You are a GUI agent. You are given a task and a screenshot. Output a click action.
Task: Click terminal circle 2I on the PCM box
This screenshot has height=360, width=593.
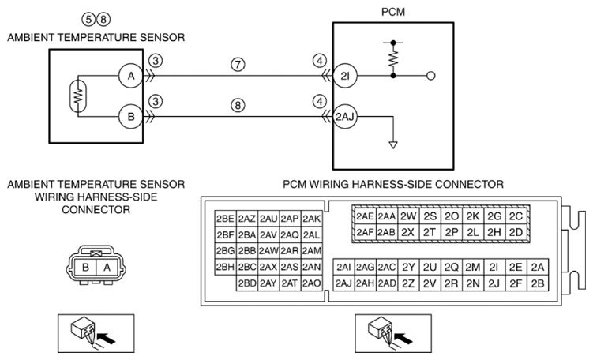[345, 76]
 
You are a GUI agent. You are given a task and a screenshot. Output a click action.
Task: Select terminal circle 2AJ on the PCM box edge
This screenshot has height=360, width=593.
[345, 117]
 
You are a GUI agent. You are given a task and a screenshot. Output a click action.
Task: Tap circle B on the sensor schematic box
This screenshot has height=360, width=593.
[131, 117]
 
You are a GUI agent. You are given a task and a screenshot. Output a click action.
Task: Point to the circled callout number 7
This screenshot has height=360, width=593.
[238, 64]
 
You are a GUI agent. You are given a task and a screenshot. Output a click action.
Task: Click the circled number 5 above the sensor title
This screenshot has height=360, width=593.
[88, 19]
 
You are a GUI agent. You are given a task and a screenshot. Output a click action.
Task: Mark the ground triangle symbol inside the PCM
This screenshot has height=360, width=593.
[393, 144]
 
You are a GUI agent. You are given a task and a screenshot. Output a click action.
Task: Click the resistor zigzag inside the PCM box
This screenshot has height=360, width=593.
[393, 58]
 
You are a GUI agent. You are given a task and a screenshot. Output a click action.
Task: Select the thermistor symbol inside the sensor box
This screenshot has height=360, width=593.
[78, 96]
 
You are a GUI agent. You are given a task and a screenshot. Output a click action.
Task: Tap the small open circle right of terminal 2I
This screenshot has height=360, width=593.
[431, 76]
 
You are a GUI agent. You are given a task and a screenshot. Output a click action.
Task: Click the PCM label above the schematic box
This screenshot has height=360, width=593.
[393, 12]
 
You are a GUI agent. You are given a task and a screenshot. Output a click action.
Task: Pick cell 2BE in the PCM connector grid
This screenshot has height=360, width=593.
[225, 219]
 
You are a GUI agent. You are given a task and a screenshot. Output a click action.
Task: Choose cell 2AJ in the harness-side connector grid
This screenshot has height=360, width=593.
[343, 283]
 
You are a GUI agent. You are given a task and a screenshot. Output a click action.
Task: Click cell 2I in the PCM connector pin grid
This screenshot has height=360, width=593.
[494, 268]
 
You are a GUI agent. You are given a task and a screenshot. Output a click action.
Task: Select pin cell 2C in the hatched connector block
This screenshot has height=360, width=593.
[516, 216]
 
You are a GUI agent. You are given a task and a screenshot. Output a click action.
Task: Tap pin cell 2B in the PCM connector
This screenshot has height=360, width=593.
[538, 283]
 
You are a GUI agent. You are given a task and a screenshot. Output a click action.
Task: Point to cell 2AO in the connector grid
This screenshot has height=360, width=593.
[312, 283]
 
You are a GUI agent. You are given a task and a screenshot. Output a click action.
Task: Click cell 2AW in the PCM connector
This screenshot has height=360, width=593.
[268, 251]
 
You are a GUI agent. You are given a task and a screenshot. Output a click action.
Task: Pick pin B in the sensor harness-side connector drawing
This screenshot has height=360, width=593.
[85, 268]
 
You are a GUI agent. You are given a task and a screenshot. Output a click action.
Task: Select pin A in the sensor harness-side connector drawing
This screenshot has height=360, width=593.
[107, 268]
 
